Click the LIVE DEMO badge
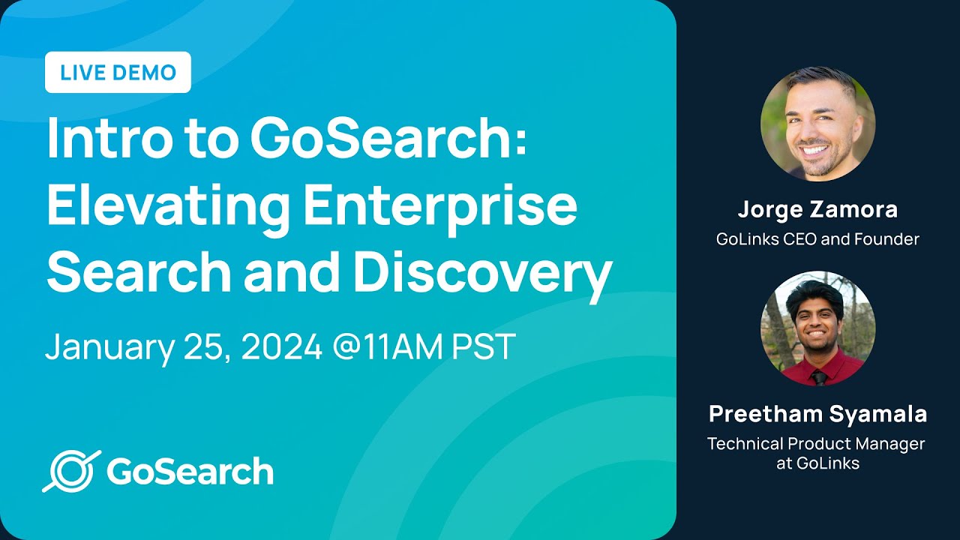[x=118, y=73]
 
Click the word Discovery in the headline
[x=482, y=272]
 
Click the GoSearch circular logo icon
[x=72, y=471]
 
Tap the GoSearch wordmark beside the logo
[x=190, y=472]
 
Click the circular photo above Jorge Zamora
[x=817, y=124]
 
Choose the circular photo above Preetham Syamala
[x=817, y=328]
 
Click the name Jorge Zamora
[x=817, y=210]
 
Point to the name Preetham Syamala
[x=817, y=414]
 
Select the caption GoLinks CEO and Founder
[x=817, y=239]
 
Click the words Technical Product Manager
[x=816, y=443]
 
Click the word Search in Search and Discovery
[x=139, y=272]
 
